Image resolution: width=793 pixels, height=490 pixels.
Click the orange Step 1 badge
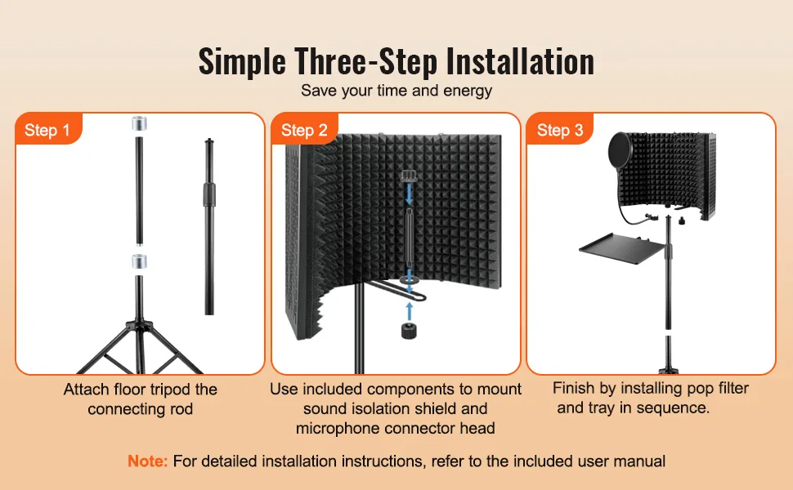tap(48, 129)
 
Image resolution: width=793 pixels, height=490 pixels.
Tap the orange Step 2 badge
tap(304, 129)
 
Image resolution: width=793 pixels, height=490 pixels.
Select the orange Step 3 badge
tap(560, 129)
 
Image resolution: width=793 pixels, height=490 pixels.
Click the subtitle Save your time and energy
tap(396, 91)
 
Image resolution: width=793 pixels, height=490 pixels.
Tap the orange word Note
tap(147, 461)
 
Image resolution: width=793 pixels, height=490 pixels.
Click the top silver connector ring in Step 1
tap(139, 123)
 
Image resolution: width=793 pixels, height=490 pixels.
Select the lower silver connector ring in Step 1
tap(139, 261)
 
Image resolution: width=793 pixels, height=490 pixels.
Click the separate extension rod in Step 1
tap(209, 226)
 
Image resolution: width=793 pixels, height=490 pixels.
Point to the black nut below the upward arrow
tap(409, 331)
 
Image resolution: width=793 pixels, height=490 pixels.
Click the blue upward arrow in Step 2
tap(409, 311)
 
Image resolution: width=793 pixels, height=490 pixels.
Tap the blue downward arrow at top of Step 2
tap(409, 194)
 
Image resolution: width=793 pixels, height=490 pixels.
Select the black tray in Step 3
tap(625, 247)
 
